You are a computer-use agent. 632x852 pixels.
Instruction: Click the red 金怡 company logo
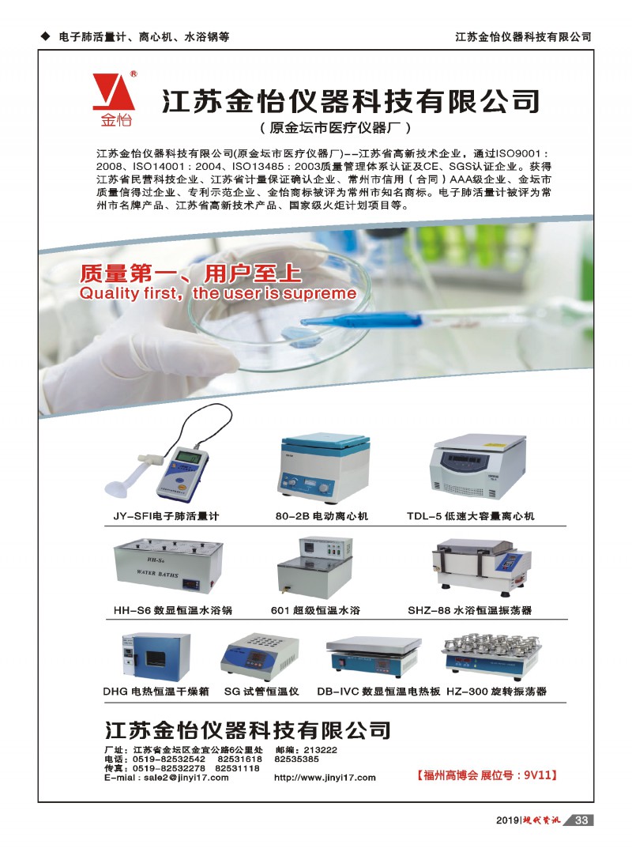[114, 99]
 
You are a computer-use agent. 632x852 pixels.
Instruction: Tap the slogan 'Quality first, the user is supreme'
[218, 293]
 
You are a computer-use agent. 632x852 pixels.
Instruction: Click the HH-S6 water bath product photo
[168, 567]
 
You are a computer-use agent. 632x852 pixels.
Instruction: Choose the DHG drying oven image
[156, 657]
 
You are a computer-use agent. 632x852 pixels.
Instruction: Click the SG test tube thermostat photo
[260, 657]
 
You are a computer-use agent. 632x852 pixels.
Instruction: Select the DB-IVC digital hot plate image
[374, 656]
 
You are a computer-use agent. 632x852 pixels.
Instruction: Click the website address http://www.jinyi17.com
[325, 778]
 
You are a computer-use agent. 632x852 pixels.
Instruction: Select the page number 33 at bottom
[581, 820]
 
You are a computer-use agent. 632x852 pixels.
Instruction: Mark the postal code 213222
[320, 750]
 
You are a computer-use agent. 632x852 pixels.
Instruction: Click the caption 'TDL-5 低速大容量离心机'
[471, 516]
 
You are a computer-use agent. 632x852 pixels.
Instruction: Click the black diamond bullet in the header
[46, 36]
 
